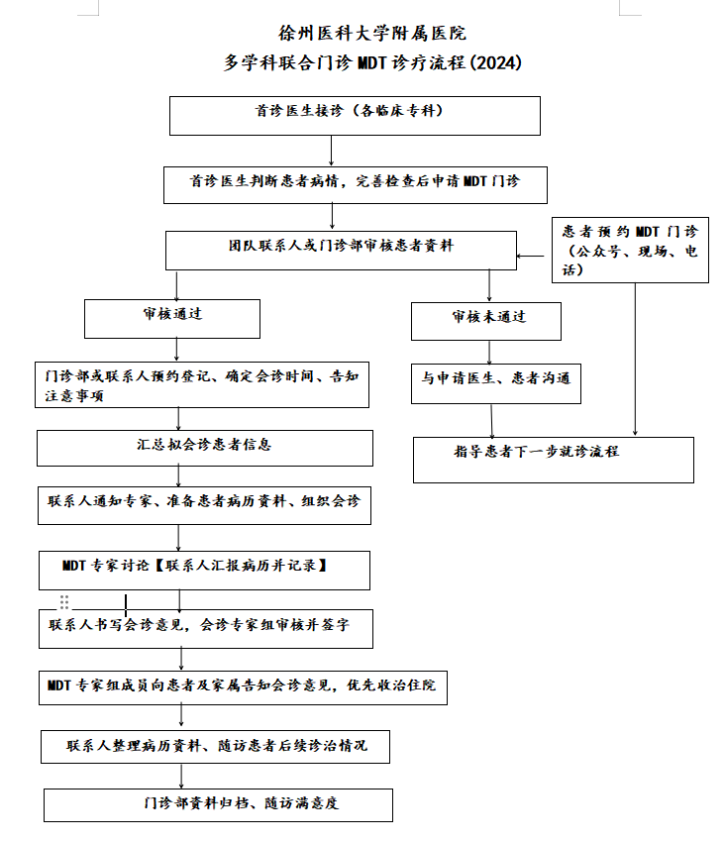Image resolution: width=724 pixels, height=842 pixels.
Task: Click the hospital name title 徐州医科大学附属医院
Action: pyautogui.click(x=371, y=34)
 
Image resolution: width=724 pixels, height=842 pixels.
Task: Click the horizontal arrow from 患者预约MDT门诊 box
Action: pyautogui.click(x=531, y=256)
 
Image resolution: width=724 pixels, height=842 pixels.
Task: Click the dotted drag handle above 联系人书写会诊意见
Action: pyautogui.click(x=64, y=602)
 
